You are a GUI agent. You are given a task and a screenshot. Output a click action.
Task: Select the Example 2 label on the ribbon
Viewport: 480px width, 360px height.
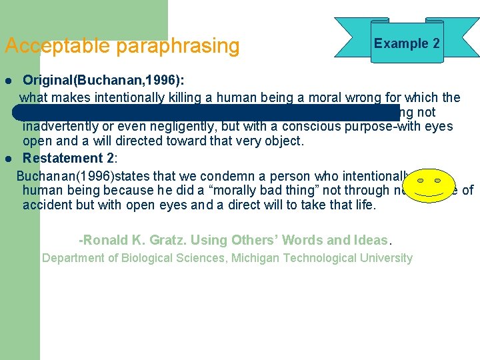tap(407, 43)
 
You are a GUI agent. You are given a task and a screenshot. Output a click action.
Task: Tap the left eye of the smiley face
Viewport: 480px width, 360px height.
tap(420, 180)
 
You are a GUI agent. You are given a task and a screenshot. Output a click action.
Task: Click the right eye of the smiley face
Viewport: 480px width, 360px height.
tap(440, 180)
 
